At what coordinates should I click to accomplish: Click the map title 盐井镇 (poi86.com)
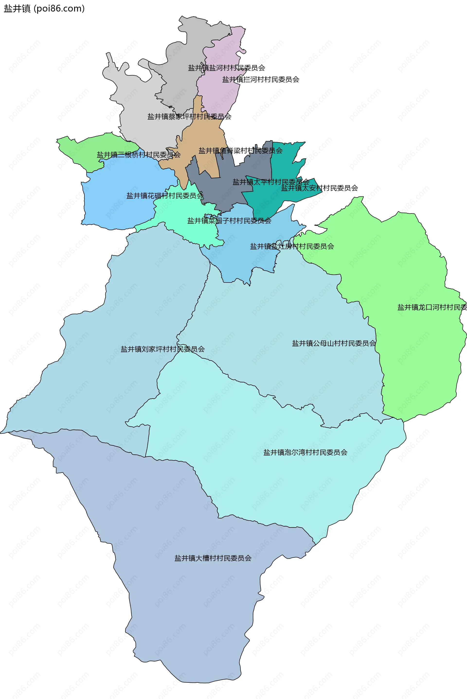44,9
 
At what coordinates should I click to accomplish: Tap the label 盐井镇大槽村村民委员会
213,558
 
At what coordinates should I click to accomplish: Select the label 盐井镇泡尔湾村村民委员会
305,452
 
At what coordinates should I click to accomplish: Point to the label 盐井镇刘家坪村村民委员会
163,349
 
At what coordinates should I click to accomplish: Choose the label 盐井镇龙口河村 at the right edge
432,308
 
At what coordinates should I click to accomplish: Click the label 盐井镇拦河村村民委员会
260,80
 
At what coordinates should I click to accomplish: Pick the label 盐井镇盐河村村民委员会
226,68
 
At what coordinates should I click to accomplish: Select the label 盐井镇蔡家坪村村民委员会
189,117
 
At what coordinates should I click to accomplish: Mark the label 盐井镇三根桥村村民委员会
138,155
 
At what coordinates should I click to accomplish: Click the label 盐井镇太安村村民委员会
319,188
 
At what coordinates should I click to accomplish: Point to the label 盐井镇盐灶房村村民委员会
292,247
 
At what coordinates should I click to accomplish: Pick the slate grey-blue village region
226,194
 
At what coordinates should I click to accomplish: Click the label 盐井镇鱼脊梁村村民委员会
240,151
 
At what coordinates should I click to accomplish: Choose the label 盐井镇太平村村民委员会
271,182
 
